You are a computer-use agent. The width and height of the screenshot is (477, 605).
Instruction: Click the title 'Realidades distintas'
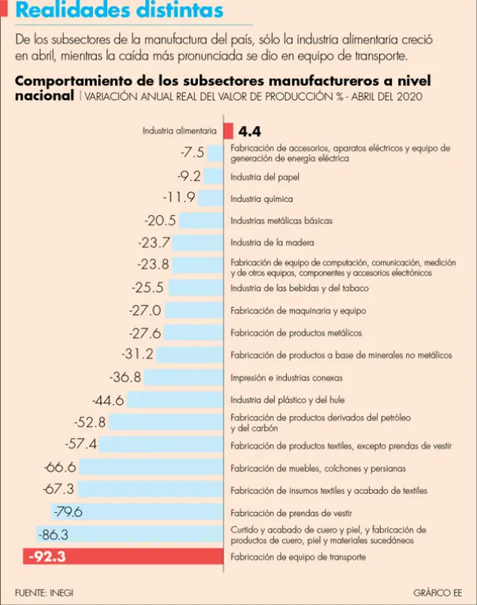[x=119, y=12]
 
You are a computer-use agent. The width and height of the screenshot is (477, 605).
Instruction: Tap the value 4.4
[x=250, y=132]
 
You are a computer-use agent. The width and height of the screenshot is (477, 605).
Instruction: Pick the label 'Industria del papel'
[x=265, y=176]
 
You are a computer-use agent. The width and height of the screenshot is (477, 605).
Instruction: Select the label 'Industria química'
[x=262, y=199]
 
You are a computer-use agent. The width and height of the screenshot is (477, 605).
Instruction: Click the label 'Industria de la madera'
[x=272, y=243]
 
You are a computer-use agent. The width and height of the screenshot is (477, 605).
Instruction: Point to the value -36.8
[x=125, y=377]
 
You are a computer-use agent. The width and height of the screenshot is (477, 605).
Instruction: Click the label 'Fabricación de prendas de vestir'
[x=291, y=512]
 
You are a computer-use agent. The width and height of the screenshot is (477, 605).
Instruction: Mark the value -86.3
[x=54, y=535]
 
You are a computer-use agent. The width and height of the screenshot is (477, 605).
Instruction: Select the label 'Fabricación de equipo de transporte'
[x=298, y=557]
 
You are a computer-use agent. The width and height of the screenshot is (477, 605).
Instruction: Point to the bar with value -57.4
[x=162, y=445]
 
